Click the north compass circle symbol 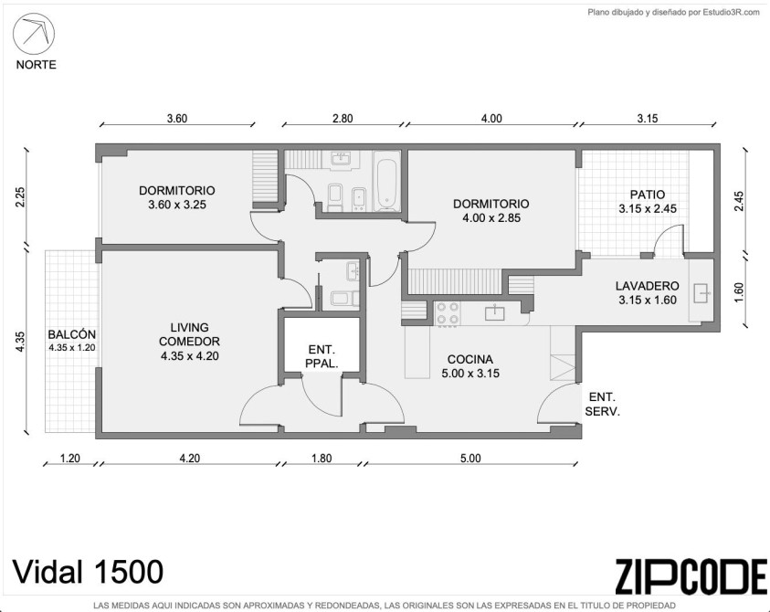pos(34,34)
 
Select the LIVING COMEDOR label pos(190,342)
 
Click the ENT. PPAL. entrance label pos(322,356)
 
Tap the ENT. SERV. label pos(603,405)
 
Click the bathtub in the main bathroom pos(387,181)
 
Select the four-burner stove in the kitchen pos(448,313)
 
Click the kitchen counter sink pos(494,311)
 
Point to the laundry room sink pos(702,293)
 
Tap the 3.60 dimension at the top pos(177,119)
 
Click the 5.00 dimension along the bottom pos(470,459)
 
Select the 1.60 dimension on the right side pos(740,292)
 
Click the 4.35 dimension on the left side pos(20,342)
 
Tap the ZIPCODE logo pos(691,576)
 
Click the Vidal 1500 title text pos(88,572)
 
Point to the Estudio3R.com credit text pos(674,13)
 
